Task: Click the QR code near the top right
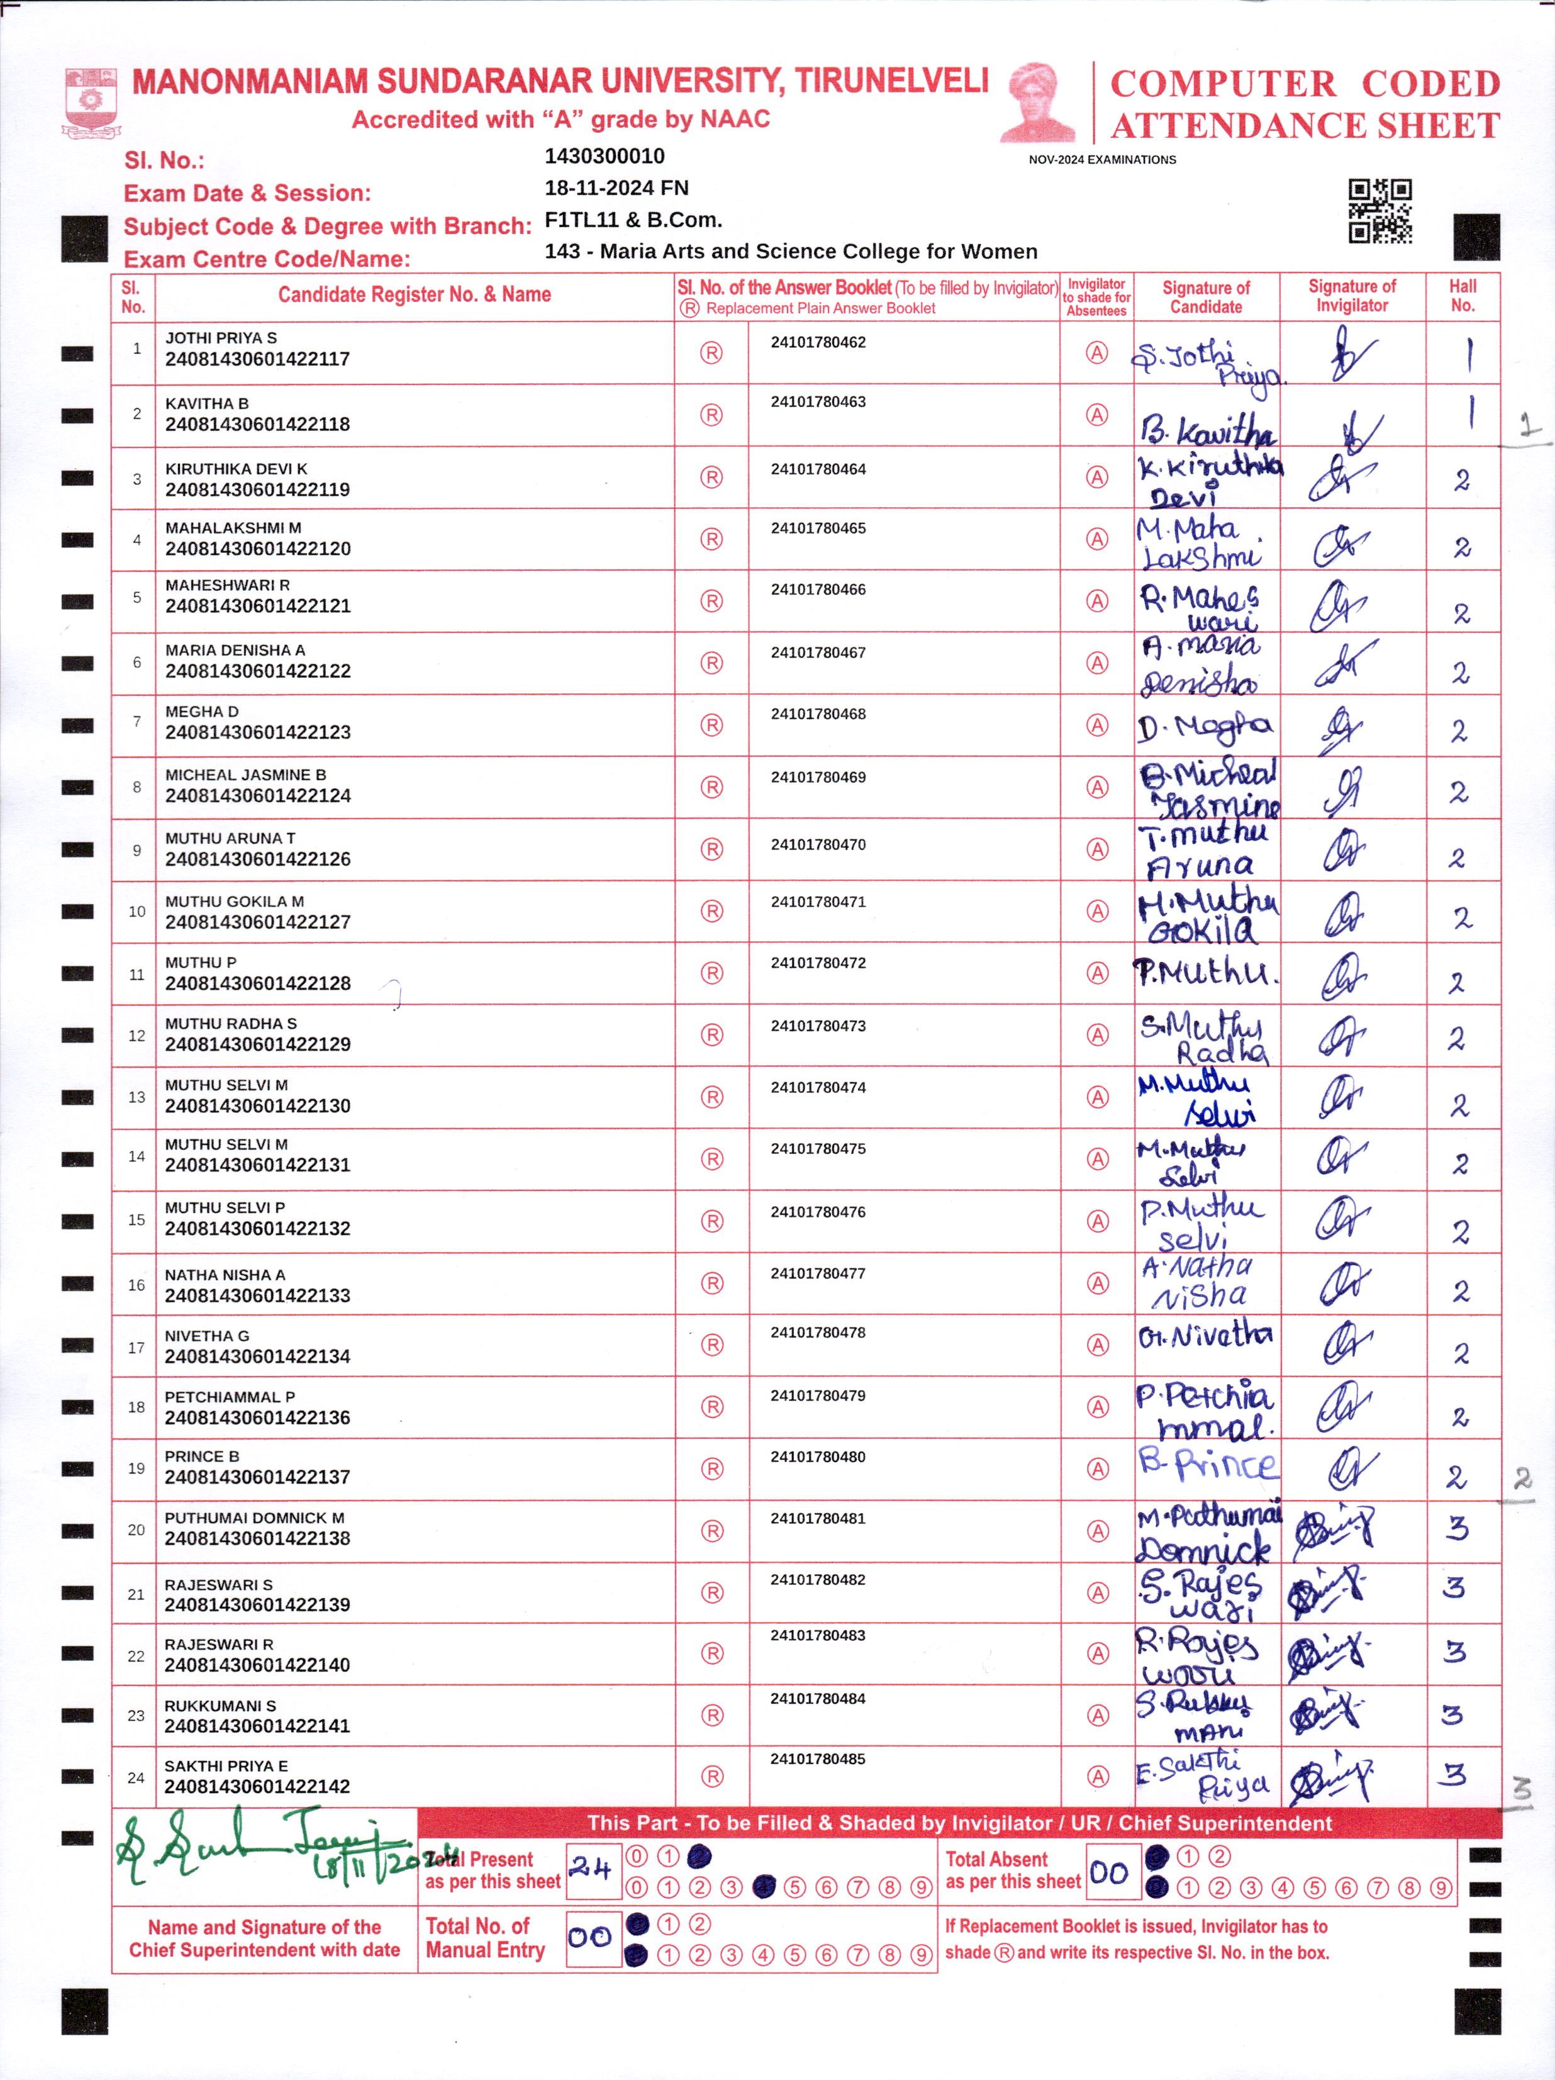coord(1379,211)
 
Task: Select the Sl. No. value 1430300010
coord(604,156)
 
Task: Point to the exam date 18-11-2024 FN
coord(616,188)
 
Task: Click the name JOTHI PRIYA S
coord(221,338)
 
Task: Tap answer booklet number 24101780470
coord(818,844)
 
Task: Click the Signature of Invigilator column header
coord(1351,296)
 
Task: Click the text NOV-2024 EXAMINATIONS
coord(1102,160)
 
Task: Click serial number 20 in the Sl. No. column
coord(137,1530)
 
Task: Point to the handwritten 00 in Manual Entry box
coord(591,1937)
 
